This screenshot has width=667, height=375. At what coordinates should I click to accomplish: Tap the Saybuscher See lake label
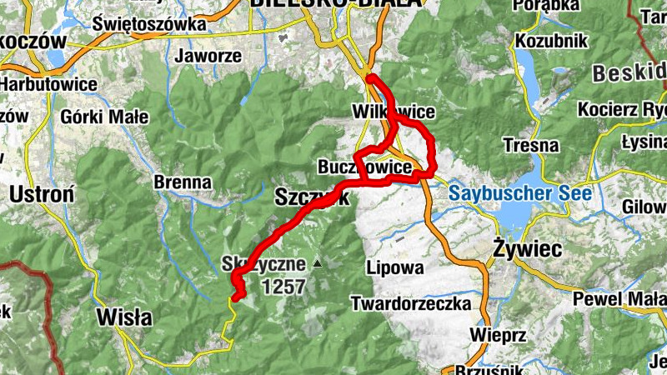(520, 194)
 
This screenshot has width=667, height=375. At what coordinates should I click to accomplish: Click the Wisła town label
(125, 317)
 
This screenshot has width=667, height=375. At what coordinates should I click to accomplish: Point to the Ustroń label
(43, 196)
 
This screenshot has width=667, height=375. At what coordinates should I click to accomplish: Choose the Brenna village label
(183, 181)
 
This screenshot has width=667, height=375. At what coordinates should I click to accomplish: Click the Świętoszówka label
(149, 24)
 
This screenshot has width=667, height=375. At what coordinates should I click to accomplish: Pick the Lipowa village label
(394, 267)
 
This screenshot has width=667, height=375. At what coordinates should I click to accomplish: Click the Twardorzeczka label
(411, 302)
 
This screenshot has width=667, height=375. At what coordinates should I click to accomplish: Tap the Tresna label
(531, 145)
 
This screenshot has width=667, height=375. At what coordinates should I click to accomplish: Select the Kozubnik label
(552, 41)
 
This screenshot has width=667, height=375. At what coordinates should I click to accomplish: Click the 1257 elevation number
(283, 287)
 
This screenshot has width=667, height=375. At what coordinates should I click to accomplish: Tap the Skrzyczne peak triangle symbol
(317, 264)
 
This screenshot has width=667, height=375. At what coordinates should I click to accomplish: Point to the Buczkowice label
(365, 168)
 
